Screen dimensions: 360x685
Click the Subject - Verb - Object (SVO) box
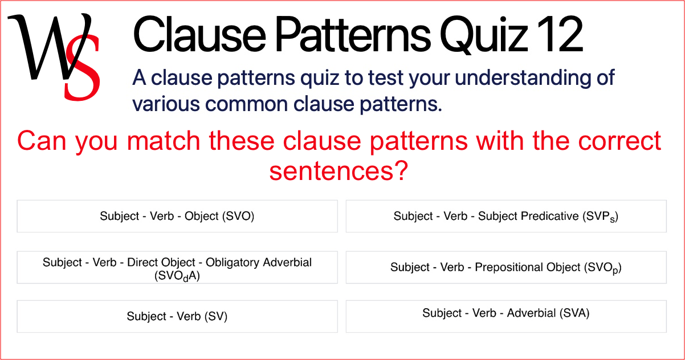[177, 216]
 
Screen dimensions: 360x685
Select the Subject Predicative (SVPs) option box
[506, 216]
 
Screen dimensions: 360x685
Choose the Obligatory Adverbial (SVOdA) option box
[177, 267]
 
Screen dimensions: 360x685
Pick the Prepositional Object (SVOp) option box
[506, 267]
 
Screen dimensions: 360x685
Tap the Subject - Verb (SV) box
[177, 316]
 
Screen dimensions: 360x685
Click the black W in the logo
[48, 48]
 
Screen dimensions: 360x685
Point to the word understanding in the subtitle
[516, 77]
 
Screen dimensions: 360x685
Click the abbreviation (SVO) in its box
[238, 216]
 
